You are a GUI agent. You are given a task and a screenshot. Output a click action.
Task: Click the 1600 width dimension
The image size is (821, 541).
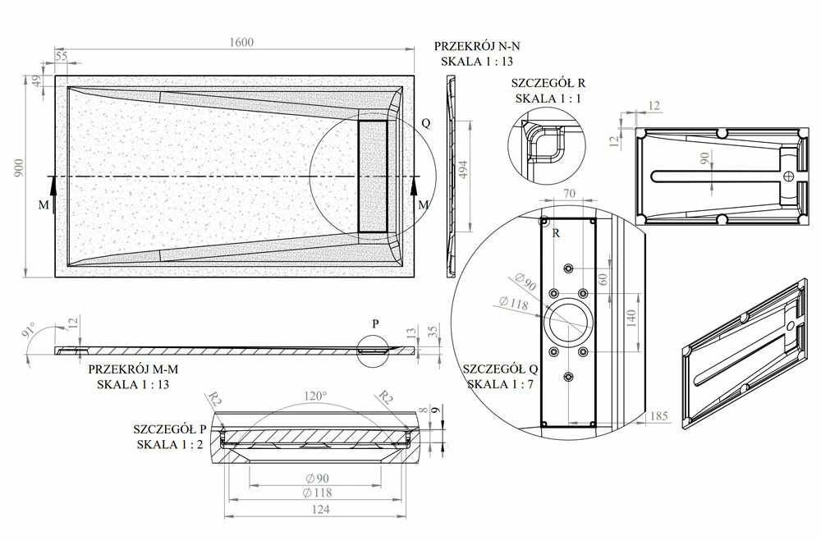coord(241,43)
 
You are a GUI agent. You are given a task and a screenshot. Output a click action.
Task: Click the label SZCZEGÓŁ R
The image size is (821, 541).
coord(548,83)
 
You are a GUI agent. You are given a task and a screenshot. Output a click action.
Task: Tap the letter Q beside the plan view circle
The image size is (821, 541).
coord(425,122)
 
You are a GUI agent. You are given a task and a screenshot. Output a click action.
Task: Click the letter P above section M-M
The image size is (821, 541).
coord(375,323)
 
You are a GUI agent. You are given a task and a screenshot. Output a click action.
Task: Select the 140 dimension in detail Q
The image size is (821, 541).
coord(631,318)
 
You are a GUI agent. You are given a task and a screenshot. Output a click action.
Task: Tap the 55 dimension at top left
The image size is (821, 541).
coord(62,56)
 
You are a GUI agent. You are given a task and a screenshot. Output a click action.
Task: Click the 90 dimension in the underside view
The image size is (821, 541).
coord(703,159)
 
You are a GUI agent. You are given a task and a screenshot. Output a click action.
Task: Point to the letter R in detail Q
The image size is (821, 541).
coord(557,233)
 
